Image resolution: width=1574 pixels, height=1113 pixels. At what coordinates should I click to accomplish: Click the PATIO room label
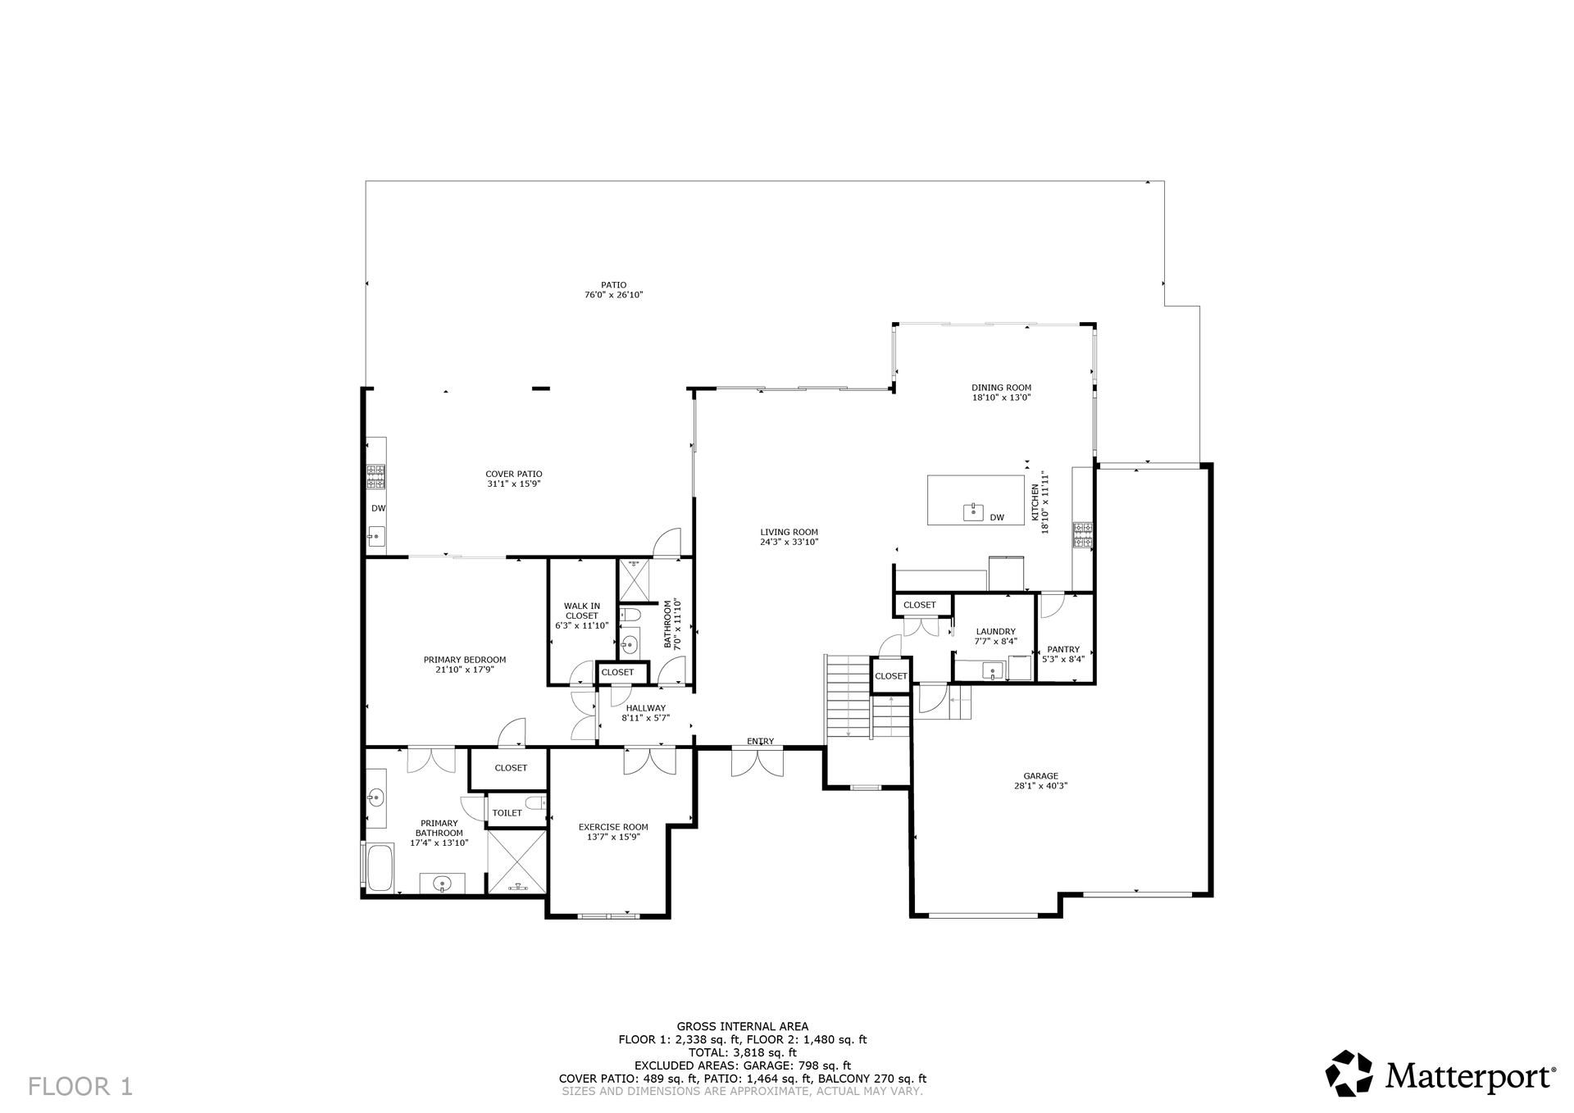click(613, 285)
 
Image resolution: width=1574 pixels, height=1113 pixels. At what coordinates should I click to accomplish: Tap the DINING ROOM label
click(1001, 388)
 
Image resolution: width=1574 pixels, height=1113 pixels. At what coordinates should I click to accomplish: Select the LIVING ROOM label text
click(789, 532)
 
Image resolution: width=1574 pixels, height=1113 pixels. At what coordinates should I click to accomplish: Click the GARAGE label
click(1040, 775)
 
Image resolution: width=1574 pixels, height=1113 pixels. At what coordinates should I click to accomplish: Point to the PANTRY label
click(1063, 649)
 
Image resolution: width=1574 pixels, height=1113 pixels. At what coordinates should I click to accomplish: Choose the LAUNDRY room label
click(995, 631)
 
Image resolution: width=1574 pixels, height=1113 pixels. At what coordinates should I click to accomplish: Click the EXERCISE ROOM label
click(613, 827)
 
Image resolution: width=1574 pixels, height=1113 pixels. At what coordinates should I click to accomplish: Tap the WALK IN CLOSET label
click(582, 611)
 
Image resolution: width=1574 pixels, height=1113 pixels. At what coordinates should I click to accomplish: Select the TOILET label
click(507, 813)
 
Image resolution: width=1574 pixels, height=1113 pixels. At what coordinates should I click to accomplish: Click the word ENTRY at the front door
click(760, 742)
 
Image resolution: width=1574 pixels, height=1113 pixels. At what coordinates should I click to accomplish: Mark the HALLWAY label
click(646, 708)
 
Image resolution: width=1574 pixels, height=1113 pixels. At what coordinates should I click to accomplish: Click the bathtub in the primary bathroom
click(380, 868)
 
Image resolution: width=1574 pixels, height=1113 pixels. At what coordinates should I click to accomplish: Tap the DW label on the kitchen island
click(997, 517)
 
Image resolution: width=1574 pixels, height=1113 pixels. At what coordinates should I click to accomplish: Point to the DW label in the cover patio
click(378, 508)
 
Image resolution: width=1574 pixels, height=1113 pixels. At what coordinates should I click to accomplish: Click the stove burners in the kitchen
click(1083, 534)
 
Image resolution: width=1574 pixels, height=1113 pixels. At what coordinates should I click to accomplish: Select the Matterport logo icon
click(1349, 1073)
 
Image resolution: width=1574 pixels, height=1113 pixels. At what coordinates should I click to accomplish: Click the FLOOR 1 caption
click(80, 1087)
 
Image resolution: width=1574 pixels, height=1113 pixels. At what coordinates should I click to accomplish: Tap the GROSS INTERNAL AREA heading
click(743, 1026)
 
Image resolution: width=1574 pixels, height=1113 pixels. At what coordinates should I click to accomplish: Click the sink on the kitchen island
click(973, 512)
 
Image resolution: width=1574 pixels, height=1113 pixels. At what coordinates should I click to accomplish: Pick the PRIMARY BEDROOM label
click(465, 660)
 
